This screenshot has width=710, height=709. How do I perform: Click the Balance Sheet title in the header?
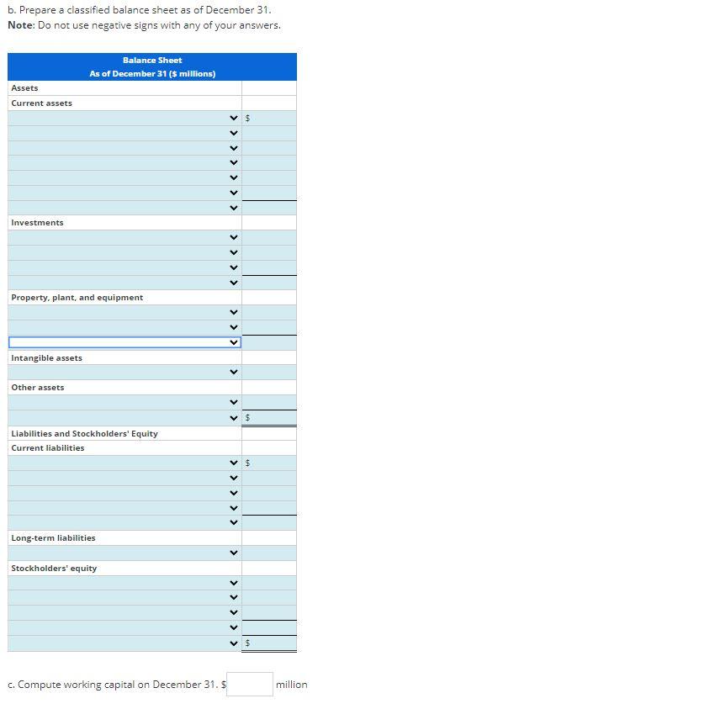pyautogui.click(x=152, y=61)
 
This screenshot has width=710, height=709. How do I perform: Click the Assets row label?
pyautogui.click(x=24, y=88)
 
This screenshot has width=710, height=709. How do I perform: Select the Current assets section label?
pyautogui.click(x=42, y=103)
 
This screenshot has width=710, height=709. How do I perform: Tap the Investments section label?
pyautogui.click(x=37, y=223)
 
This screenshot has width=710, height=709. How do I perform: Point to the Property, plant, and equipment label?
pyautogui.click(x=77, y=298)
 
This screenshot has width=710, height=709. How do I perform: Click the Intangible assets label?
pyautogui.click(x=47, y=358)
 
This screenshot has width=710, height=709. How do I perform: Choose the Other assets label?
pyautogui.click(x=38, y=388)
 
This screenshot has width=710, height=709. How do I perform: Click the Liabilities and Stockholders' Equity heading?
pyautogui.click(x=84, y=434)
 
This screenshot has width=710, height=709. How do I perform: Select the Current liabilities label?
pyautogui.click(x=48, y=448)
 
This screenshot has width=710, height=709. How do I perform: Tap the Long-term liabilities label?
pyautogui.click(x=53, y=538)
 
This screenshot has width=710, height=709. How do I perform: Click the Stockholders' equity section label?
pyautogui.click(x=54, y=569)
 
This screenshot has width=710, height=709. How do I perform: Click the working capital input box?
pyautogui.click(x=250, y=684)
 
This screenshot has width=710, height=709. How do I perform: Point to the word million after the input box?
pyautogui.click(x=292, y=685)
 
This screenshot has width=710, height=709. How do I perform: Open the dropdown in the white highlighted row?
pyautogui.click(x=235, y=342)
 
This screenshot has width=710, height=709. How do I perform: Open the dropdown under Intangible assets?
pyautogui.click(x=235, y=373)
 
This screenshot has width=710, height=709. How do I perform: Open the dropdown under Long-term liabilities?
pyautogui.click(x=235, y=553)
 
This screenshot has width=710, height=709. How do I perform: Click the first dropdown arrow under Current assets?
pyautogui.click(x=235, y=119)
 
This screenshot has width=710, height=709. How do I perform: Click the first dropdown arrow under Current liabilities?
pyautogui.click(x=235, y=463)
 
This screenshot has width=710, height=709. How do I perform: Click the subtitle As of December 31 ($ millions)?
pyautogui.click(x=152, y=74)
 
